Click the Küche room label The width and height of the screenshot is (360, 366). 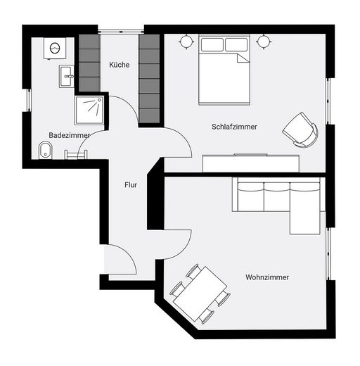[120, 65]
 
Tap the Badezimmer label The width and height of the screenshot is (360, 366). [70, 135]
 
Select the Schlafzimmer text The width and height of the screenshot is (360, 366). [234, 127]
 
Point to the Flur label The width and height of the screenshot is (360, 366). [131, 185]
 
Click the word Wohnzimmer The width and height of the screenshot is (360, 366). [267, 277]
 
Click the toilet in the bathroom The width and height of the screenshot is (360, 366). [45, 150]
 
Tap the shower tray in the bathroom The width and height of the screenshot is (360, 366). [89, 110]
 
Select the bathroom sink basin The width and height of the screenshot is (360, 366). [66, 76]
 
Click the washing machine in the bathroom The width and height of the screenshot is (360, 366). [55, 48]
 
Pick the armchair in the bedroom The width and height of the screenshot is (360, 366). [302, 130]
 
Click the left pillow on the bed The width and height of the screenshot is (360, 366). [212, 44]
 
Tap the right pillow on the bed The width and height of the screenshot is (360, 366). [236, 44]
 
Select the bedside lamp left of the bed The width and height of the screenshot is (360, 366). [186, 42]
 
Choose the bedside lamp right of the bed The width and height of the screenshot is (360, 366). [264, 42]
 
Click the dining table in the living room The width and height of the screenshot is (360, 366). [200, 294]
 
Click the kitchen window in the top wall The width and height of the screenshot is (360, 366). [121, 31]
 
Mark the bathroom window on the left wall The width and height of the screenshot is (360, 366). [29, 100]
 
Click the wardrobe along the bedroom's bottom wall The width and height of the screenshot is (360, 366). [251, 163]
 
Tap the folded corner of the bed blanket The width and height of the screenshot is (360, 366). [243, 58]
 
